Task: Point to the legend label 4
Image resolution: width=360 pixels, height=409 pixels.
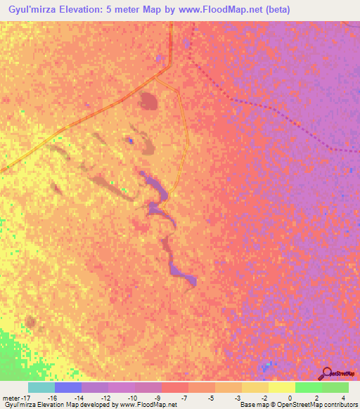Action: pos(344,397)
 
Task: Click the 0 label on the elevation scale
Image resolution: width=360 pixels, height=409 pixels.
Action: pos(290,397)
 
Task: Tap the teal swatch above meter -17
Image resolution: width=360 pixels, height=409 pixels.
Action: pos(41,387)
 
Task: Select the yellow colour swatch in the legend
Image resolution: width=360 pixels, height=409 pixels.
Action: pos(281,387)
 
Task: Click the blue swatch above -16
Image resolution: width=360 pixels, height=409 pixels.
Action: pos(68,387)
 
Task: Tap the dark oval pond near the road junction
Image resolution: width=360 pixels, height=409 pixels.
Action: pos(149,102)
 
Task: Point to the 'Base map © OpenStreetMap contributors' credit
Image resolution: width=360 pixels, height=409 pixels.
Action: pos(297,405)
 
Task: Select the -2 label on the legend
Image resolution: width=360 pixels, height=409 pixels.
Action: pos(264,397)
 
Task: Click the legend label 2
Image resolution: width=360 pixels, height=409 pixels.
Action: pos(317,397)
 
